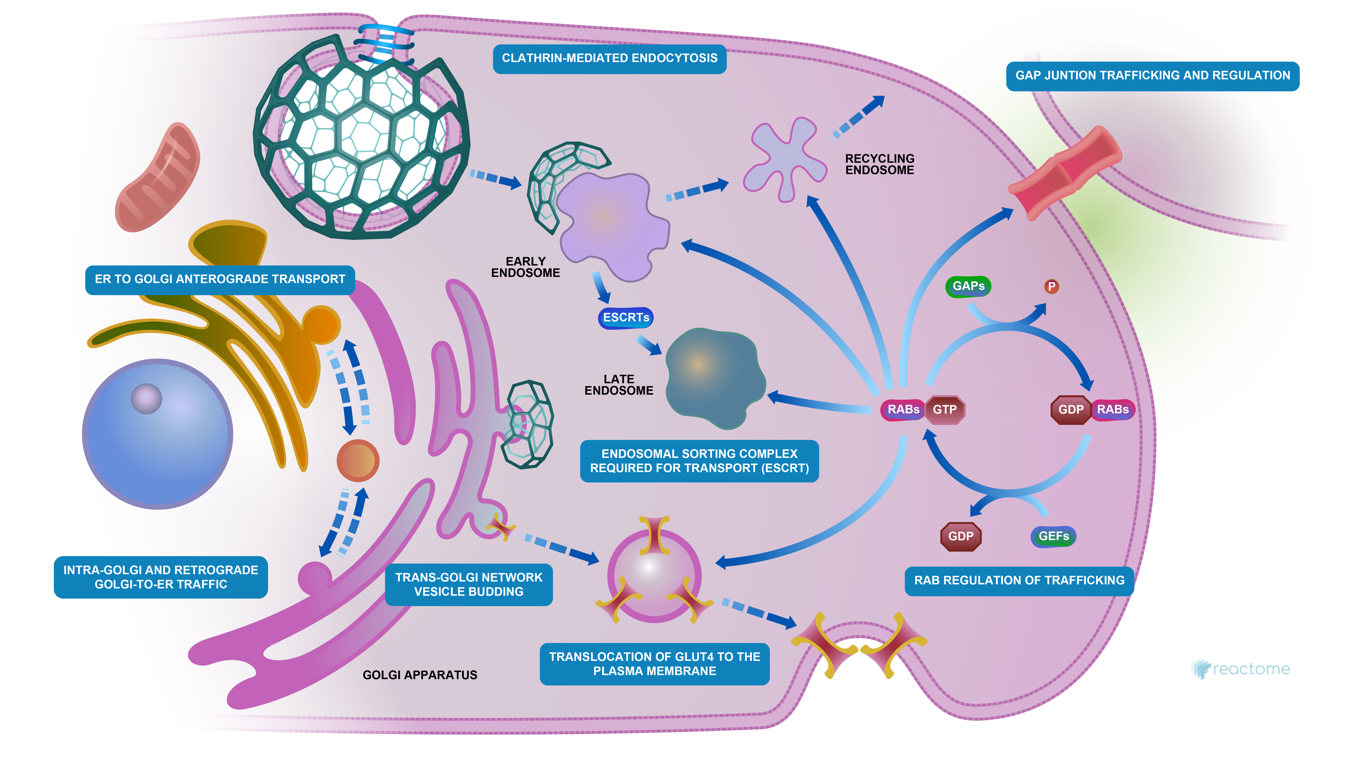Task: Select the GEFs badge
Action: tap(1053, 536)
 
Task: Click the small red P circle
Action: tap(1051, 286)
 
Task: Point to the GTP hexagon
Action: tap(945, 409)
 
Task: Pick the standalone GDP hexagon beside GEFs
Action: tap(960, 536)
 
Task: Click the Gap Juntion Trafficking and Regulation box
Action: tap(1152, 75)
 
